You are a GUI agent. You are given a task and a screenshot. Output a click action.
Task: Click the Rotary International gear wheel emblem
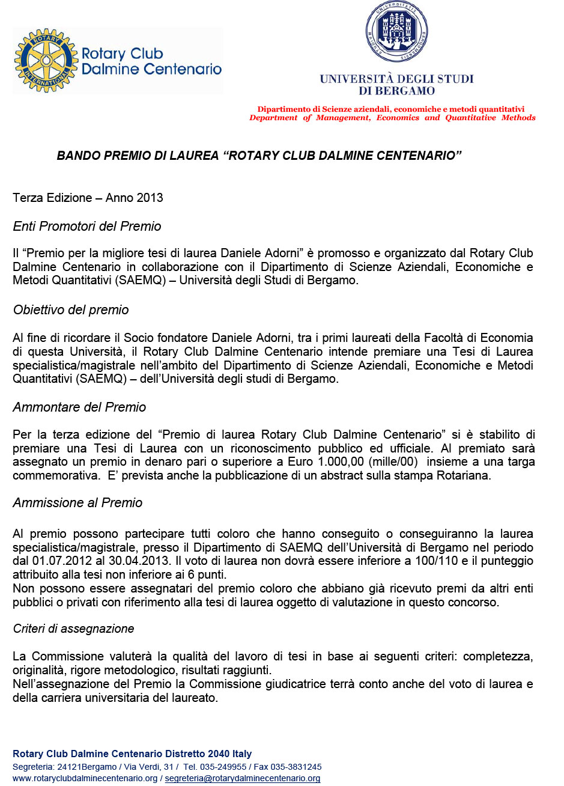(x=46, y=60)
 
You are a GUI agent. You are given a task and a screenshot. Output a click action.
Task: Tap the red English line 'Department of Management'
(x=392, y=118)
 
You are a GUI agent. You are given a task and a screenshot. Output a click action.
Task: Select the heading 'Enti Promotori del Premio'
(x=87, y=227)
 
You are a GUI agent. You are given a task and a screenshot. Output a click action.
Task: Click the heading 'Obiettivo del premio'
(x=71, y=310)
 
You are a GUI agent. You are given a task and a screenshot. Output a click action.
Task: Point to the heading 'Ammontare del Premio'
(x=79, y=407)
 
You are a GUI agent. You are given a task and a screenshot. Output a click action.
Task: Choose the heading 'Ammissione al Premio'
(x=77, y=503)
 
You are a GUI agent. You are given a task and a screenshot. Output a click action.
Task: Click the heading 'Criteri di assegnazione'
(x=73, y=629)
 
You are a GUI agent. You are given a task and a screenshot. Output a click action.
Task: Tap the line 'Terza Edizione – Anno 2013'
(x=88, y=198)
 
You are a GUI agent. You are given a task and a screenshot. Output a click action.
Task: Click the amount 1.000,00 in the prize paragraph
(x=339, y=462)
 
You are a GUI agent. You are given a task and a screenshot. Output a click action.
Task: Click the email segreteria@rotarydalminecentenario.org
(x=242, y=778)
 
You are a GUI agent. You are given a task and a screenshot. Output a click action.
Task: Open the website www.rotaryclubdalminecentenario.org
(x=85, y=778)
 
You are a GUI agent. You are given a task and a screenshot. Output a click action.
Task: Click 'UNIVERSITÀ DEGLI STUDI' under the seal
(x=396, y=79)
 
